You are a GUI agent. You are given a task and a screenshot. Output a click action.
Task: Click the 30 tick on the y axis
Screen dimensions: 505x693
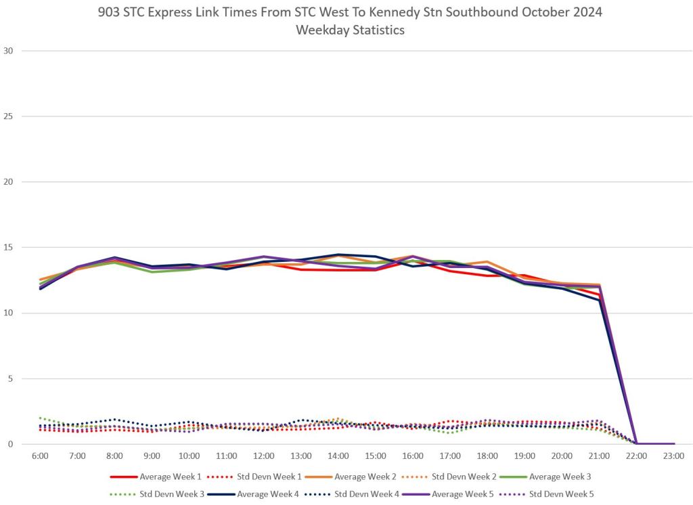point(9,51)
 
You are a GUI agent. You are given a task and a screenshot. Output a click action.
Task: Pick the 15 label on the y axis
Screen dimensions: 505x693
point(9,248)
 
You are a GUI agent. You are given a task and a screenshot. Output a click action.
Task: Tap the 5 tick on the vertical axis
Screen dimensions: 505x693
point(11,378)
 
